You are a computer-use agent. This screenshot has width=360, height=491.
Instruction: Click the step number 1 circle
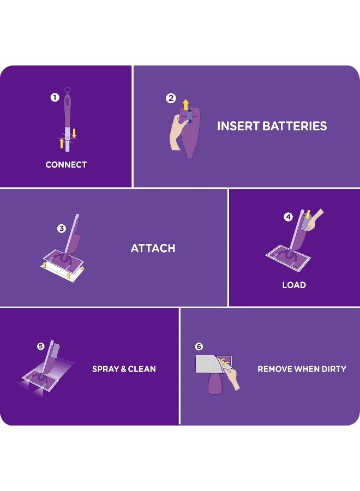[x=55, y=98]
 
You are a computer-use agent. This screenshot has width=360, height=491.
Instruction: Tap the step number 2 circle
[x=171, y=98]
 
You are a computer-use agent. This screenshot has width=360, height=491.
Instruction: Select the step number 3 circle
[x=62, y=229]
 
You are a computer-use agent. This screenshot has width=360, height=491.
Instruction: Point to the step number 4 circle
[x=288, y=217]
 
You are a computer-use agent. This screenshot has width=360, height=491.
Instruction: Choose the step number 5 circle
[x=41, y=346]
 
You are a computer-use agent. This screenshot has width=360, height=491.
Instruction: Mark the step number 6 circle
[x=199, y=346]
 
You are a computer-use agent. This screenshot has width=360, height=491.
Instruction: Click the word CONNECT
[x=66, y=165]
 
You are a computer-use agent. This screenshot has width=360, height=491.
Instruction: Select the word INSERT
[x=237, y=126]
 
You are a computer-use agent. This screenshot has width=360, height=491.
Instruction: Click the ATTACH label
[x=153, y=248]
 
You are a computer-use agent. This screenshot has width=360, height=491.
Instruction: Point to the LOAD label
[x=294, y=285]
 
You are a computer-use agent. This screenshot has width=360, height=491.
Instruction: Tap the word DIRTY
[x=333, y=369]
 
